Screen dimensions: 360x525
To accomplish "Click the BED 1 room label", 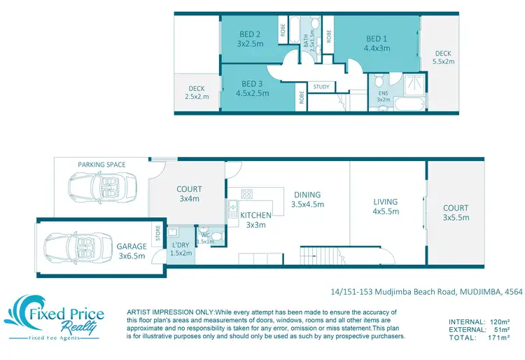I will click(x=377, y=43).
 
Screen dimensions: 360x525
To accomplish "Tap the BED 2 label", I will click(x=250, y=39).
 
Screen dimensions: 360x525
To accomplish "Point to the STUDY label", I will click(x=321, y=87).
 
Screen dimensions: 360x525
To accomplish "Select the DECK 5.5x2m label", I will click(x=443, y=57).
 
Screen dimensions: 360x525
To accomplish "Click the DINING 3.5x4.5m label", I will click(x=307, y=200).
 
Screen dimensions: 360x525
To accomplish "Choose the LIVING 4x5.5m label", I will click(x=385, y=206).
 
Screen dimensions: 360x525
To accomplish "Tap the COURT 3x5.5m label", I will click(x=455, y=212).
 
